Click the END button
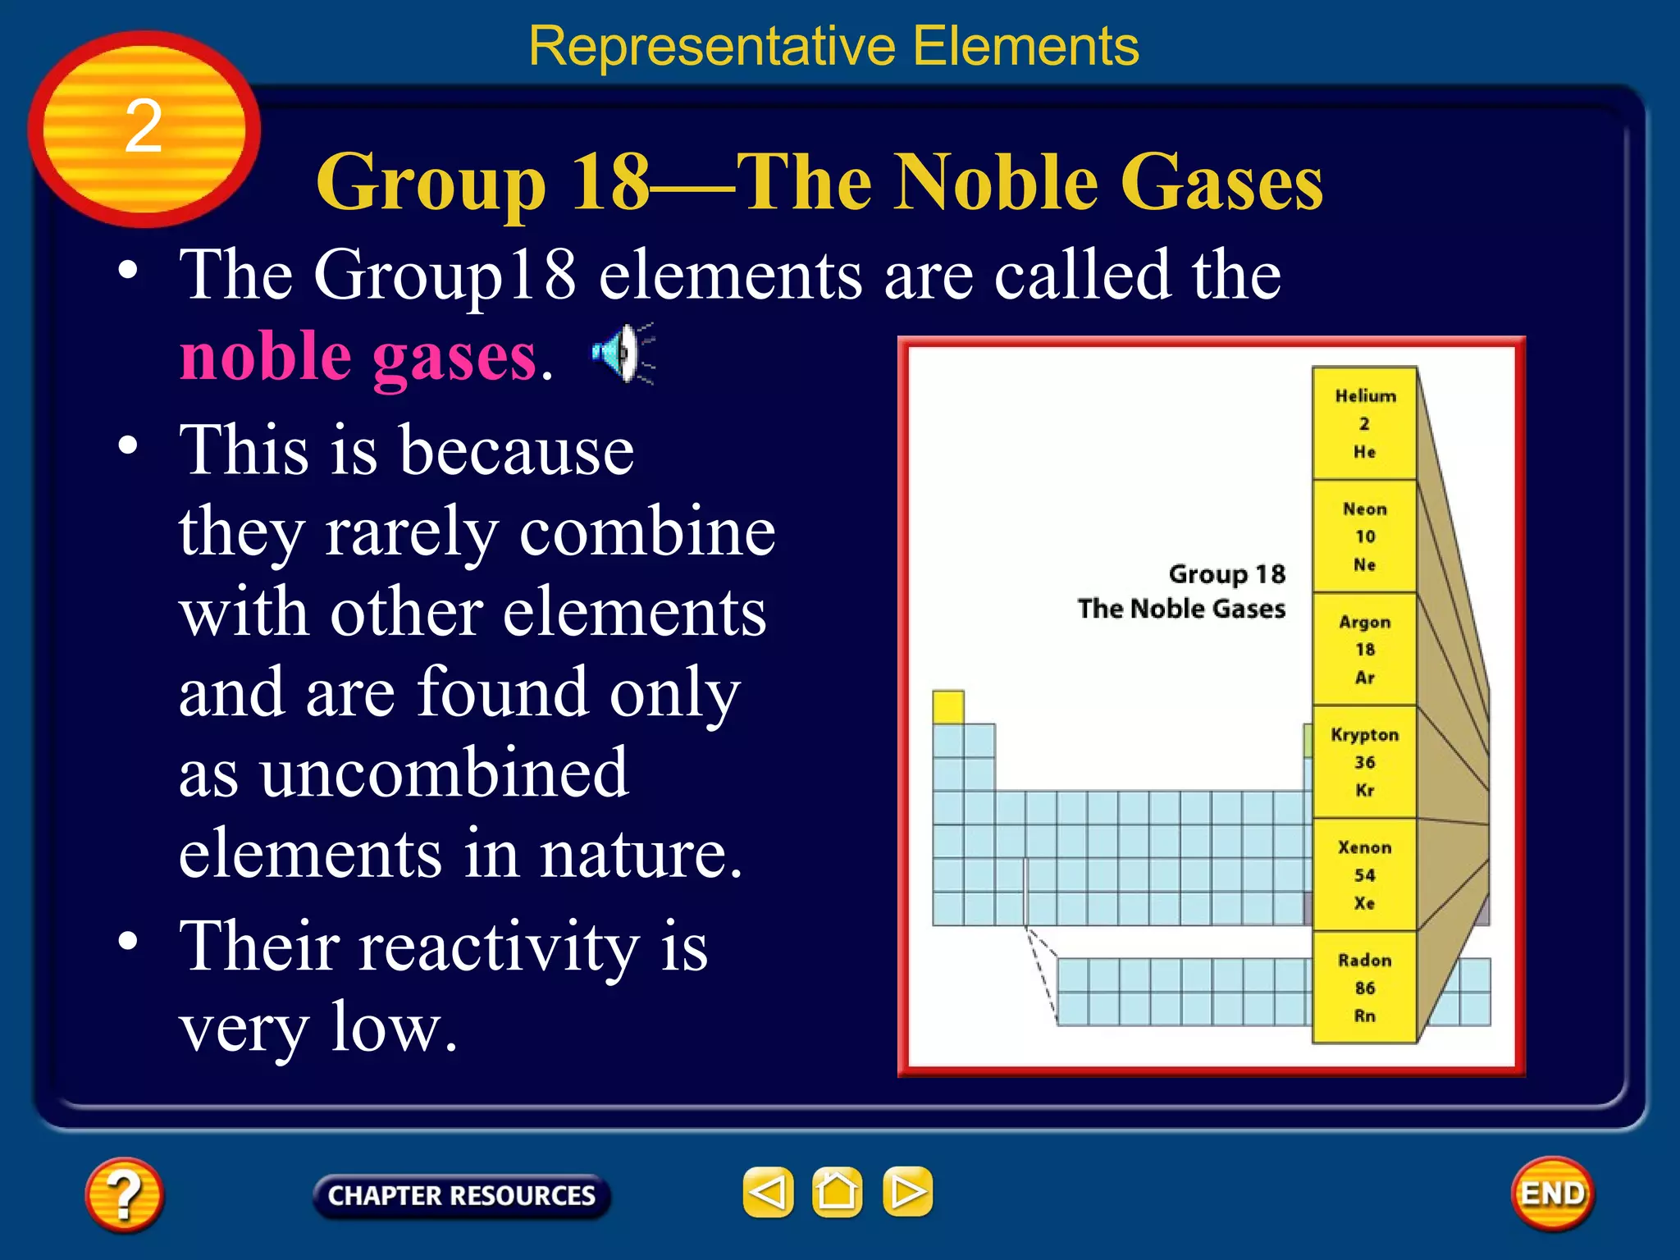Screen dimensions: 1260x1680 [x=1552, y=1194]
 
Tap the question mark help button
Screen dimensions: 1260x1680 [x=124, y=1194]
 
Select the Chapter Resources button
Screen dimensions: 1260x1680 [x=461, y=1195]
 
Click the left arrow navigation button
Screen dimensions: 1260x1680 [x=768, y=1191]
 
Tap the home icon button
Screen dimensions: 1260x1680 [x=837, y=1191]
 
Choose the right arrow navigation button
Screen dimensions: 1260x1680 [x=907, y=1191]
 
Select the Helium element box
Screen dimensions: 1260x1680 [x=1364, y=423]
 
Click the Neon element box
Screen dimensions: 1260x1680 [x=1364, y=536]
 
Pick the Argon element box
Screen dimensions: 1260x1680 [x=1364, y=649]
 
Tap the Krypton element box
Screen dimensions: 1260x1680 [x=1364, y=762]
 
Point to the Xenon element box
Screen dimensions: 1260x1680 [x=1364, y=874]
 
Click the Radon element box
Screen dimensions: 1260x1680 [x=1364, y=988]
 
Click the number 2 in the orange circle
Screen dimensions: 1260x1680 [x=144, y=126]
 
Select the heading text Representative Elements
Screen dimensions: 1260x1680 [x=833, y=46]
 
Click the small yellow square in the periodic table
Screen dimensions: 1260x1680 [x=947, y=707]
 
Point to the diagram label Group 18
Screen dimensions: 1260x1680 [x=1226, y=574]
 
